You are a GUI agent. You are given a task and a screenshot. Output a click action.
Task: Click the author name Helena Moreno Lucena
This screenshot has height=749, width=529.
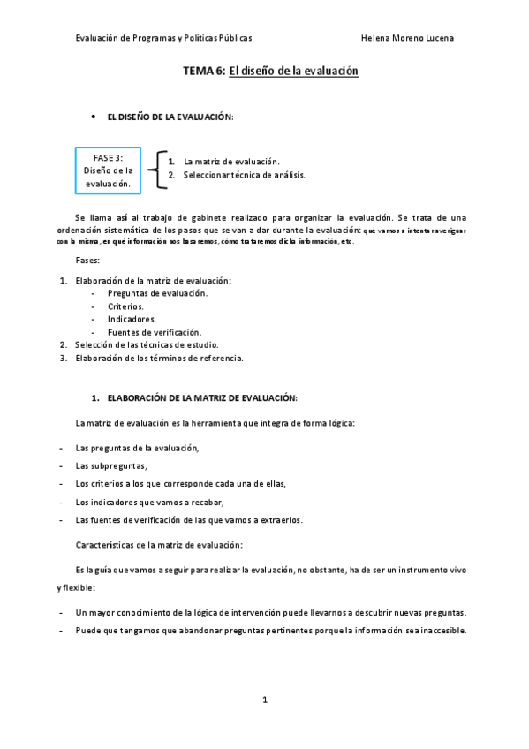[408, 39]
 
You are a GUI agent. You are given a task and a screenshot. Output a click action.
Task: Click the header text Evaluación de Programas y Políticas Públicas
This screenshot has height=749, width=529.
[163, 39]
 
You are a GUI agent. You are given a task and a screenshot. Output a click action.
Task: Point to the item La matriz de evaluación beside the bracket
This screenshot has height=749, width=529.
[230, 162]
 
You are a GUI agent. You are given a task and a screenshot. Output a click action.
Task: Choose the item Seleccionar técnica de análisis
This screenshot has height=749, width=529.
[244, 175]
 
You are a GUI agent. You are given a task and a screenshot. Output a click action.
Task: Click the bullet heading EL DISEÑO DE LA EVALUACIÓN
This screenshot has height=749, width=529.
[170, 117]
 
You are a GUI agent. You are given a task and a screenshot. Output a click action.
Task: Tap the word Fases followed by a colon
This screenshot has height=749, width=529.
[88, 261]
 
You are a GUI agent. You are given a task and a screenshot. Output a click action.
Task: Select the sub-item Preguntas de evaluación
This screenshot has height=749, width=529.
[157, 292]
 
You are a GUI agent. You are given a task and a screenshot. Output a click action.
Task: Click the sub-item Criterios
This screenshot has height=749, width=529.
[125, 306]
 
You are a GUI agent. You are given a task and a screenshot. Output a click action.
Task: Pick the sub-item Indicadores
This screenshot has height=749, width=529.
[132, 319]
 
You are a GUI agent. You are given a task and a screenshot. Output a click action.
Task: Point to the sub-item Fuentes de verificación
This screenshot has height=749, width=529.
[154, 331]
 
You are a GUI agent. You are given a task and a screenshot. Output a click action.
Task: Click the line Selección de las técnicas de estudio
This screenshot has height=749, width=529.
[146, 344]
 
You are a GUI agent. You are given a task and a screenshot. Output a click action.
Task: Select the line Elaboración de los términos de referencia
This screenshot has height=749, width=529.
[158, 358]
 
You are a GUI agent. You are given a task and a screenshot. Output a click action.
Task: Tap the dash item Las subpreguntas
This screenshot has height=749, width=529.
[111, 465]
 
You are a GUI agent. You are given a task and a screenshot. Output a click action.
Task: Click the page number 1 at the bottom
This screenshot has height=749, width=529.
[265, 700]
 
